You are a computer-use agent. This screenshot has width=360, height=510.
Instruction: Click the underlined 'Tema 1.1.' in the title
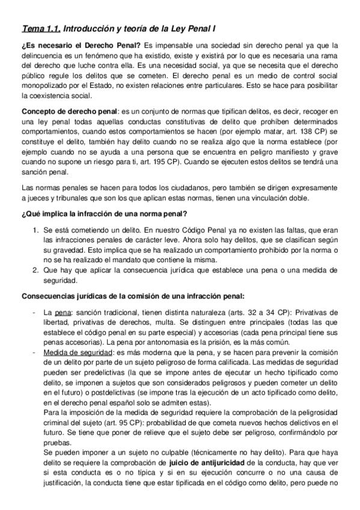point(40,28)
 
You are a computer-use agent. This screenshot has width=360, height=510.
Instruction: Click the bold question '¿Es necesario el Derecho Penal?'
point(81,46)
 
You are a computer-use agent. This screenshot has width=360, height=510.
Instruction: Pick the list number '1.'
point(35,231)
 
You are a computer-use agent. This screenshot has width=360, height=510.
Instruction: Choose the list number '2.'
point(35,270)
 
